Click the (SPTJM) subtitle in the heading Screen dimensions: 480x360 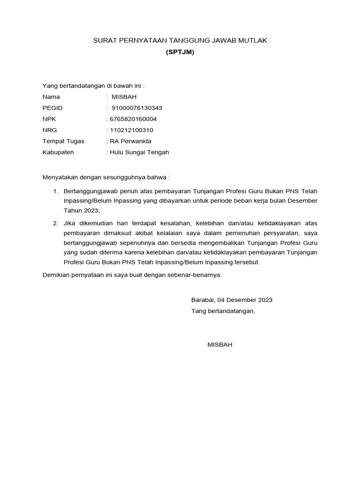tap(180, 52)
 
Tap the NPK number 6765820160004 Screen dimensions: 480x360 tap(133, 119)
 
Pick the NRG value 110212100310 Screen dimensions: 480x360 tap(131, 130)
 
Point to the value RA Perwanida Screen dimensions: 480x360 tap(130, 141)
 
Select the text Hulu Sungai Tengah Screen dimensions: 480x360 tap(139, 152)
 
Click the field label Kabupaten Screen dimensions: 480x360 tap(58, 152)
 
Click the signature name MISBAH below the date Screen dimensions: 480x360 tap(220, 345)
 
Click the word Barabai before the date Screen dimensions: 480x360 tap(201, 300)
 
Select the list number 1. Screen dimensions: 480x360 tap(54, 191)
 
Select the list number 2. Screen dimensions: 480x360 tap(54, 223)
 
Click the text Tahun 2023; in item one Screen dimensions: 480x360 tap(82, 211)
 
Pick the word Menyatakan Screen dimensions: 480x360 tap(60, 178)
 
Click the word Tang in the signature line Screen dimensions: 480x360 tap(198, 311)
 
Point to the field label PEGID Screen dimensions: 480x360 tap(52, 108)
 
